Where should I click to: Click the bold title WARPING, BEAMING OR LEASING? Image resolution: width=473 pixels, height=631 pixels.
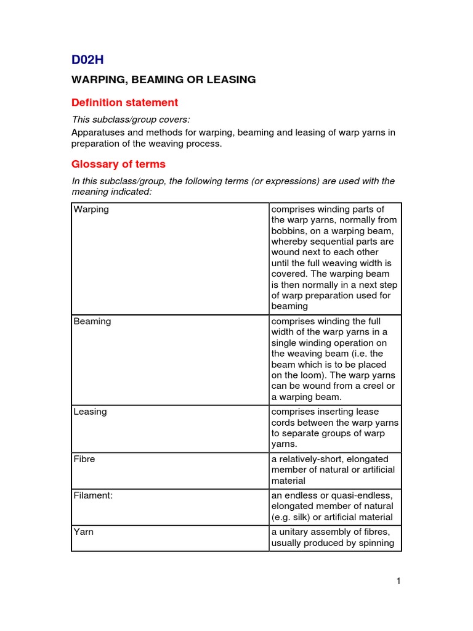click(x=163, y=79)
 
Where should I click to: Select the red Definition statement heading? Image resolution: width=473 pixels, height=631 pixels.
click(x=124, y=102)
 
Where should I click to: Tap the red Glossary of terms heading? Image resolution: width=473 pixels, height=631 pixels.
click(x=118, y=165)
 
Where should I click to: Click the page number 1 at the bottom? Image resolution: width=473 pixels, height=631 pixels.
click(x=398, y=580)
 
